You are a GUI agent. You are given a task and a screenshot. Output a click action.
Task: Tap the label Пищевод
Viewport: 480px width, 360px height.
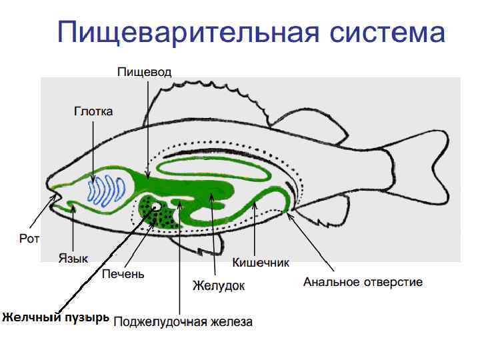(144, 71)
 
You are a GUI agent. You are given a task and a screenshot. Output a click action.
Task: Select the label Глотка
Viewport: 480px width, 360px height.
(93, 111)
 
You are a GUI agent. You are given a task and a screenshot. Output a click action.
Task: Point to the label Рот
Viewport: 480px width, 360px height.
(29, 238)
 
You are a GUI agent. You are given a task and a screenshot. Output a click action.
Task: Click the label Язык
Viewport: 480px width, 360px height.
(73, 257)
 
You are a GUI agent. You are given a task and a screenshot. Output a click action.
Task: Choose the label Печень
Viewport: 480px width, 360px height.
(123, 273)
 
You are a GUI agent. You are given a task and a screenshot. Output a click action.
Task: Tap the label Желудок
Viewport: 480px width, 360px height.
(219, 285)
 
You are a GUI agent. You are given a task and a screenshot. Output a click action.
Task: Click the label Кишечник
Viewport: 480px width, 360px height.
(260, 262)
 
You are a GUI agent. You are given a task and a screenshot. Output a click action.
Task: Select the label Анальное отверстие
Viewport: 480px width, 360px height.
(363, 282)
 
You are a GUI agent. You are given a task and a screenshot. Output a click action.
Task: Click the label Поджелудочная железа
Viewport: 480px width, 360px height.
(183, 323)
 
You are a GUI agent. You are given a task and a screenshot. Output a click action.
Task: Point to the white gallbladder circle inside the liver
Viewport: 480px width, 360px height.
(155, 207)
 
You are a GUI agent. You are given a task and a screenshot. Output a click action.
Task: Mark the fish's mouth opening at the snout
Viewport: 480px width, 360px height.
(54, 198)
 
